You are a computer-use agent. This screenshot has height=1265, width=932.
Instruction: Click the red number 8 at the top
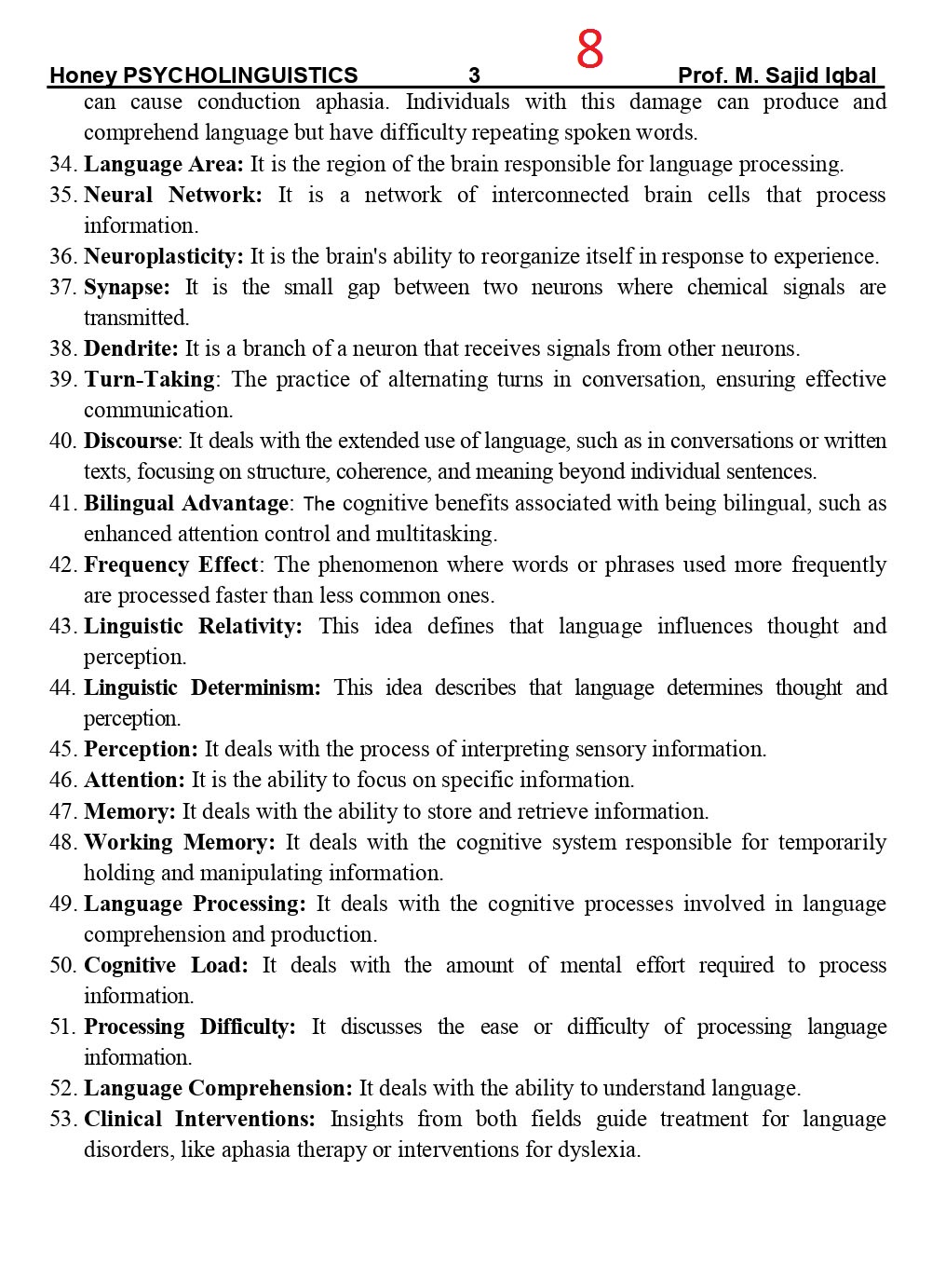[589, 49]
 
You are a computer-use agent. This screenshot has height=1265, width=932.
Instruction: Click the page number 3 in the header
[474, 75]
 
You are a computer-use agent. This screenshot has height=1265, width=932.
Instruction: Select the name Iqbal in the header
[850, 75]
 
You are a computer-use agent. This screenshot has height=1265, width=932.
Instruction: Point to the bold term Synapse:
[128, 287]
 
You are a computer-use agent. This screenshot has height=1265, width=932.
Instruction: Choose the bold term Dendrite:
[131, 348]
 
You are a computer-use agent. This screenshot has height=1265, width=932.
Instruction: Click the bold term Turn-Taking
[150, 379]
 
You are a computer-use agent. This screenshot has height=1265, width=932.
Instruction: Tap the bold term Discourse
[130, 441]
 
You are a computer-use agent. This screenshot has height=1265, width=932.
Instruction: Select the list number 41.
[62, 503]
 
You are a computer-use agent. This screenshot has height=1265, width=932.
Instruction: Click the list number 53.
[62, 1119]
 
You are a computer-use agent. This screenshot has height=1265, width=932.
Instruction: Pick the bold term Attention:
[135, 780]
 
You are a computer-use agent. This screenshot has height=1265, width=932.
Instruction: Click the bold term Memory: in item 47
[130, 811]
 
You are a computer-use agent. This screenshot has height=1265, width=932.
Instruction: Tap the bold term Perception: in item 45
[142, 749]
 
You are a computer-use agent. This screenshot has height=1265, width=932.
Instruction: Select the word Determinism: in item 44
[256, 687]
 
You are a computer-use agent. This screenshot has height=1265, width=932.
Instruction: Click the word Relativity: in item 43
[250, 626]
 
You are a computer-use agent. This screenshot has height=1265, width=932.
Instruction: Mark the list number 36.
[62, 256]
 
